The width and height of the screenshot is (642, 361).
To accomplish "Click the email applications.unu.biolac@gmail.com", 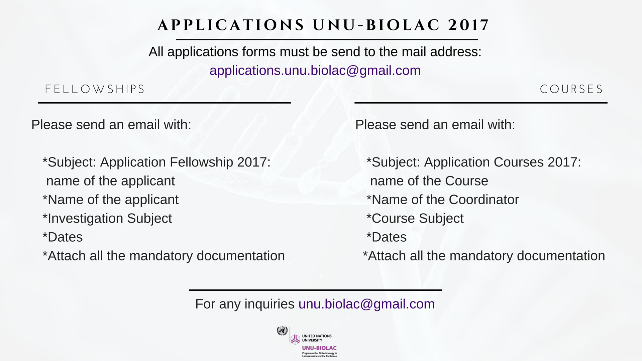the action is (x=315, y=71).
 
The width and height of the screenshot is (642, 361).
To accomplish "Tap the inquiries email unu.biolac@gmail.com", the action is (x=366, y=304).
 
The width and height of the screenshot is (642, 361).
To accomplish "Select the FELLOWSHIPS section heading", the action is (x=95, y=89).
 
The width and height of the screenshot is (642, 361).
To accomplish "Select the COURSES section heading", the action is (x=571, y=89).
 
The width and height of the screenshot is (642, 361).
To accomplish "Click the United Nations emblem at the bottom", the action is (x=282, y=331).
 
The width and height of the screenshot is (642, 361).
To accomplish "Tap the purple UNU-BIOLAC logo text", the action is (x=319, y=348).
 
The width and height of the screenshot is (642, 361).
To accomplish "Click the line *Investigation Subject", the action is (x=107, y=219).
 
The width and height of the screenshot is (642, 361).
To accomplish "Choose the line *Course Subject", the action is (x=415, y=219).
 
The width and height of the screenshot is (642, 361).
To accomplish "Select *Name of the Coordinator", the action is (x=443, y=200).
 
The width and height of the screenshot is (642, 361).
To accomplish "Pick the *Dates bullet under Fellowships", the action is (x=63, y=237).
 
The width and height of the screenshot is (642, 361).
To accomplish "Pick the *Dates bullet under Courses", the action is (x=387, y=237).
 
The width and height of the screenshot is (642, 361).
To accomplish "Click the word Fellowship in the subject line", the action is (x=202, y=162).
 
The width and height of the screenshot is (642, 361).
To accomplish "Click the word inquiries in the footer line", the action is (x=270, y=304).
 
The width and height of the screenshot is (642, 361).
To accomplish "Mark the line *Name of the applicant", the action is (x=110, y=200).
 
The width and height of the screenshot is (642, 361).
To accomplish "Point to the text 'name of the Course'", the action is (x=429, y=181).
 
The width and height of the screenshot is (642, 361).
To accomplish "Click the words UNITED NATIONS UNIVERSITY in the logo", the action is (x=317, y=338).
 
